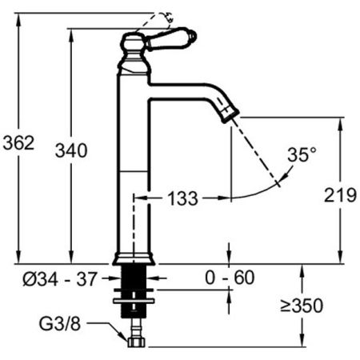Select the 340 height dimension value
pos(70,150)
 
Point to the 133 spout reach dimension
pos(182,198)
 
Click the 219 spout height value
pos(340,195)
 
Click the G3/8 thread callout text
pos(62,326)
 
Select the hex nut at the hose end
pos(135,342)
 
